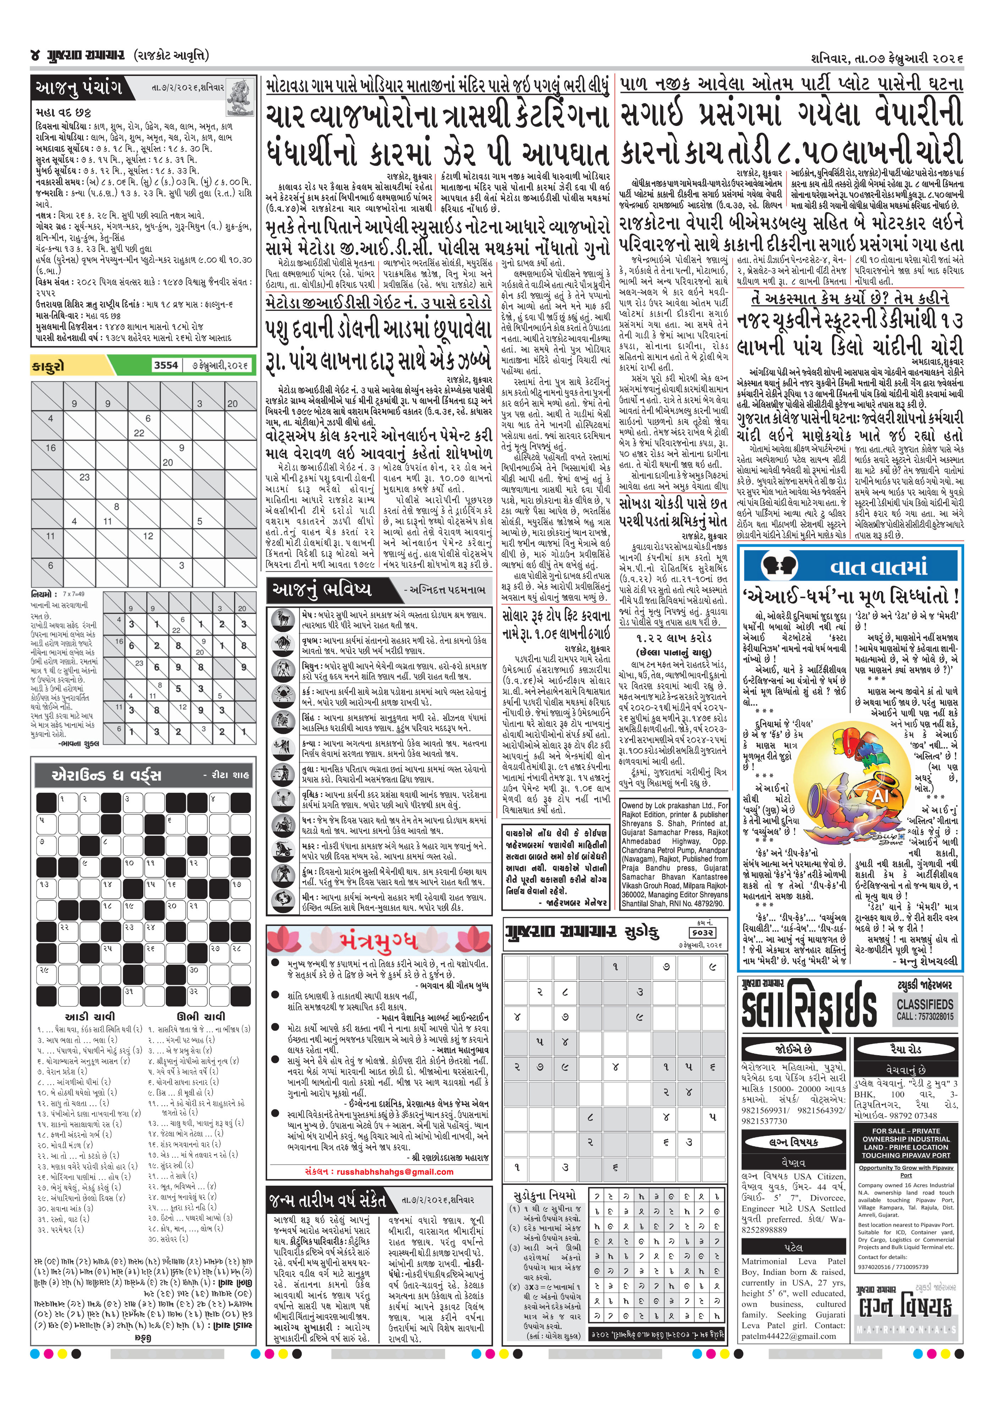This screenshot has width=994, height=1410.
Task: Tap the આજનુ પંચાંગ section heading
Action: pyautogui.click(x=79, y=88)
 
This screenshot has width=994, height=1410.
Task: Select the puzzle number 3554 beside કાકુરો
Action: pyautogui.click(x=166, y=365)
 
